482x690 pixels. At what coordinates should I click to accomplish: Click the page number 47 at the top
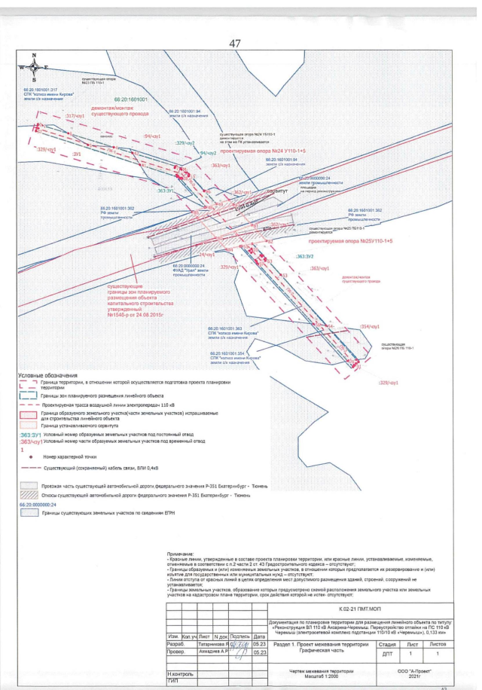click(x=235, y=44)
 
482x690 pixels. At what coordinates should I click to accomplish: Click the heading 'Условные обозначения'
click(x=49, y=375)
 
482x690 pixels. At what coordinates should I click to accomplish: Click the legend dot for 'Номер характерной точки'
click(x=29, y=457)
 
